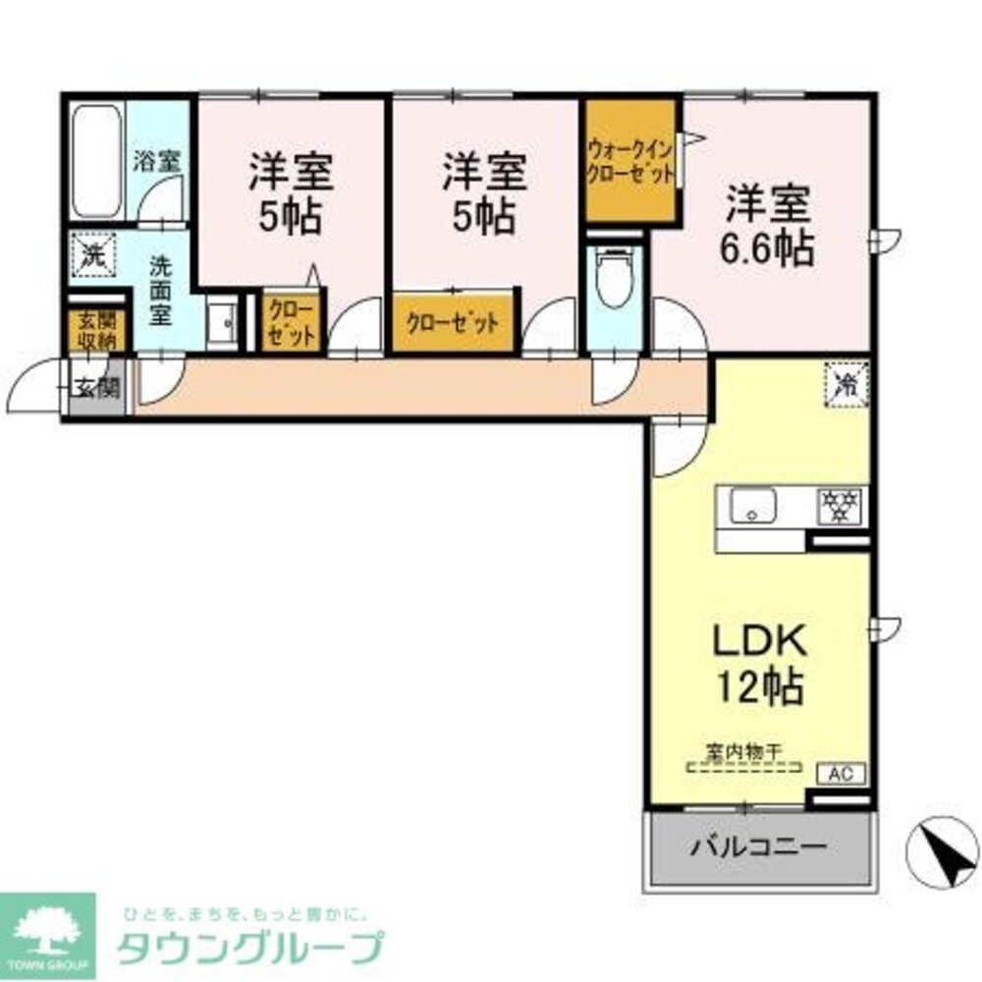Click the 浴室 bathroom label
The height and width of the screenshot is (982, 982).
tap(157, 162)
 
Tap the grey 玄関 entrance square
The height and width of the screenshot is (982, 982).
tap(96, 388)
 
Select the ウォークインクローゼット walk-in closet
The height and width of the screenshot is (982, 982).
tap(630, 161)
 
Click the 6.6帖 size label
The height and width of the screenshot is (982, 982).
tap(769, 248)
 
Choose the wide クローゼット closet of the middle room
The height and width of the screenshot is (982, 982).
tap(453, 321)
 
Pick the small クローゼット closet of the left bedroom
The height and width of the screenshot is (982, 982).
tap(292, 321)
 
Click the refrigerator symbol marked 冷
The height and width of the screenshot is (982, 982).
tap(846, 381)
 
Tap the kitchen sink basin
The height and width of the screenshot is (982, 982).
tap(752, 508)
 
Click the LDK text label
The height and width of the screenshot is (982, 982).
tap(758, 642)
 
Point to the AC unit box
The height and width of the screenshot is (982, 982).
tap(843, 773)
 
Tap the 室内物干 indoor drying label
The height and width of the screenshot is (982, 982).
tap(743, 752)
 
